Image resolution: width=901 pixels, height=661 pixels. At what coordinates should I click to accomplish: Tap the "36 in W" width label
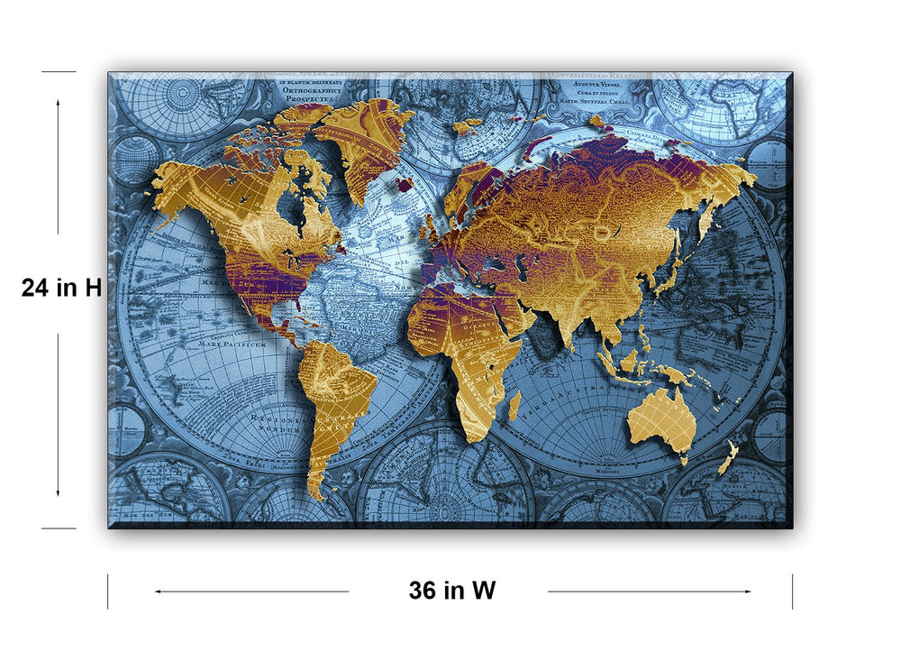(451, 591)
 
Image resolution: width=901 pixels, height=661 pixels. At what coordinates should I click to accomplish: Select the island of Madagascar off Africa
(514, 406)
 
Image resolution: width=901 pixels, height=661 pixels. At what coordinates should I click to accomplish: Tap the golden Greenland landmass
(365, 144)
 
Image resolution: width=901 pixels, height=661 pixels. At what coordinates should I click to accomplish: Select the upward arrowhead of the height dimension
(59, 102)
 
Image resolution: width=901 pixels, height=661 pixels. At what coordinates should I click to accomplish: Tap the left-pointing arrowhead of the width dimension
(158, 592)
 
